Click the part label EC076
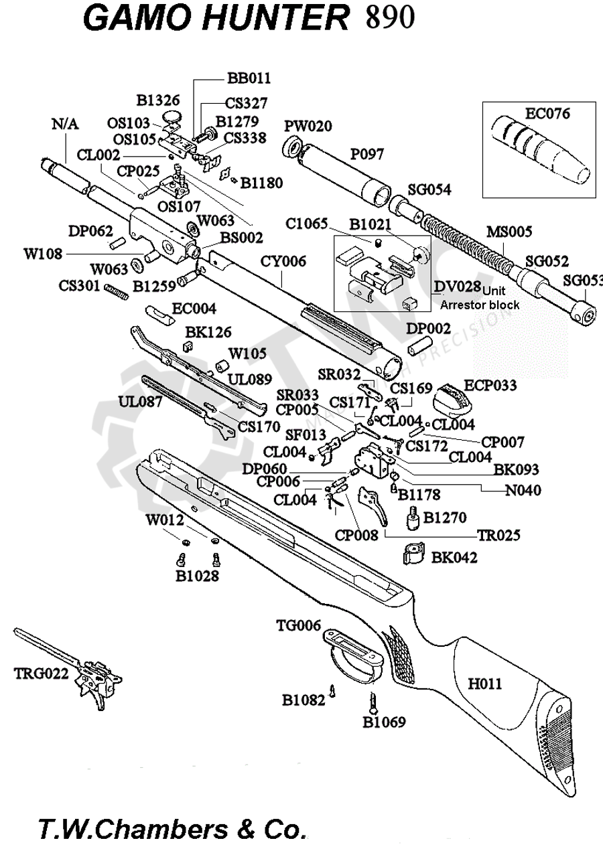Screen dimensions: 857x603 [x=547, y=114]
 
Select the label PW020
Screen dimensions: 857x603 [x=308, y=127]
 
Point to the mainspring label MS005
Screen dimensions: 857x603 [x=509, y=232]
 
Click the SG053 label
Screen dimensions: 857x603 [x=583, y=281]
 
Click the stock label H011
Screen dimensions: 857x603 [x=485, y=684]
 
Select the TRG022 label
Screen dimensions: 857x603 [x=42, y=674]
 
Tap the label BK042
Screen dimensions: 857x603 [x=454, y=556]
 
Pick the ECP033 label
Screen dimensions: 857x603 [x=491, y=385]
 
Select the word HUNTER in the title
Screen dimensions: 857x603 [x=275, y=20]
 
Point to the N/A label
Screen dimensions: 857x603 [x=64, y=124]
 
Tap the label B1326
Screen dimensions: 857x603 [x=158, y=100]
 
